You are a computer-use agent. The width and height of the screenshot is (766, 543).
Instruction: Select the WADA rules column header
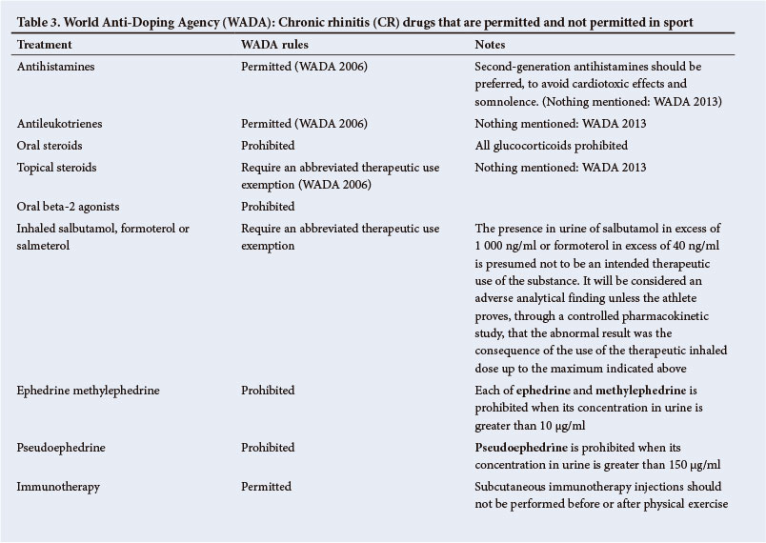tap(276, 45)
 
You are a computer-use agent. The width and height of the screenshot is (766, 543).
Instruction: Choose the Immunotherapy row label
tap(59, 486)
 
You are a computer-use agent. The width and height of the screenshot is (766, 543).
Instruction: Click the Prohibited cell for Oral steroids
tap(268, 146)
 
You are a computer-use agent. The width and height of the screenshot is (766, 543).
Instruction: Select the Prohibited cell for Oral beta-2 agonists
tap(268, 206)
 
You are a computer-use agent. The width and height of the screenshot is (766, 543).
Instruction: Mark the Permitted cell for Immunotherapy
tap(266, 486)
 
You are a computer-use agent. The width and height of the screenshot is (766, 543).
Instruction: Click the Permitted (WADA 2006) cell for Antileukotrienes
tap(304, 124)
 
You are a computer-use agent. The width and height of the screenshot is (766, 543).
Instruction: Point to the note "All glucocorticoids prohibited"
tap(553, 146)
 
